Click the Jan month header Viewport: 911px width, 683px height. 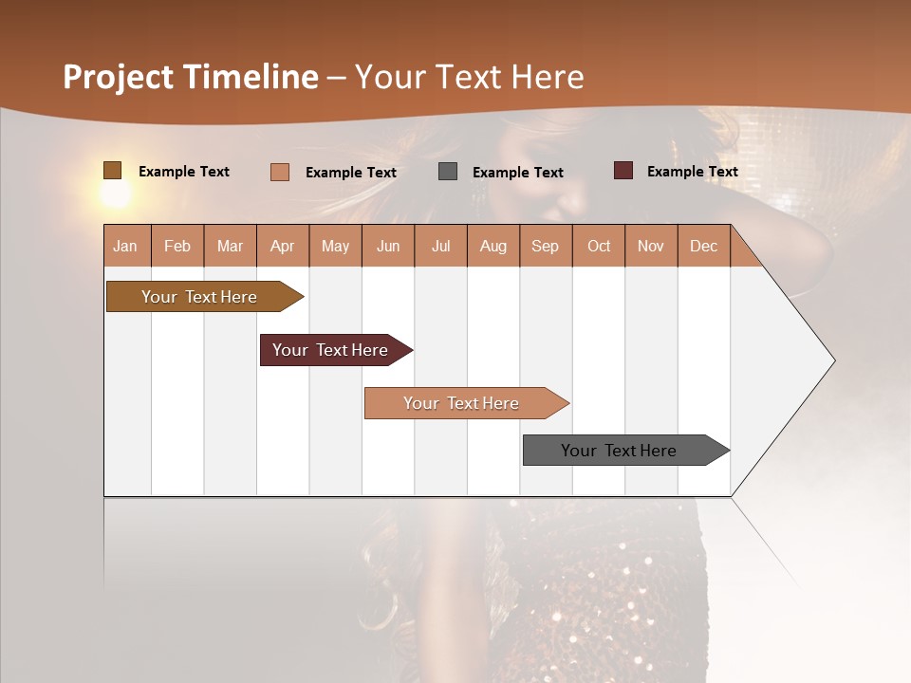[x=126, y=246]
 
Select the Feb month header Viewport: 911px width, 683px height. [x=177, y=246]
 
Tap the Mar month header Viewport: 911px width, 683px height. [x=230, y=246]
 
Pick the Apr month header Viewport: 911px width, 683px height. [x=283, y=246]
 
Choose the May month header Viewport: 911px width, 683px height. [x=335, y=246]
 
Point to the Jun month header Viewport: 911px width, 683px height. [x=388, y=246]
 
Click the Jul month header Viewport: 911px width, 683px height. [x=440, y=246]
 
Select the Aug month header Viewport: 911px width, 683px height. [x=493, y=246]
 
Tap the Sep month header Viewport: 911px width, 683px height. [x=546, y=246]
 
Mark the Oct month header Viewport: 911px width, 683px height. [x=599, y=246]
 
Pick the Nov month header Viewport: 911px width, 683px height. [x=651, y=246]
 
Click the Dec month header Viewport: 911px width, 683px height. [x=704, y=246]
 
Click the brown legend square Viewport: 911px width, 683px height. [x=113, y=171]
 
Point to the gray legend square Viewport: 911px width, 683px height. [x=448, y=172]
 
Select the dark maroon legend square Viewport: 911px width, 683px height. [x=623, y=171]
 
